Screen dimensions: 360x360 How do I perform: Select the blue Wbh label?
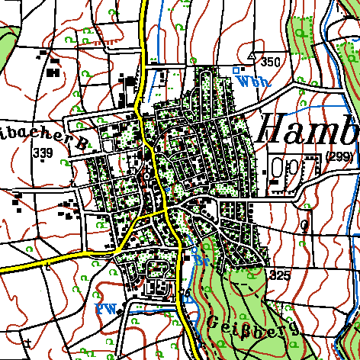[251, 81]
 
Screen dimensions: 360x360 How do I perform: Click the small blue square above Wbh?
[236, 70]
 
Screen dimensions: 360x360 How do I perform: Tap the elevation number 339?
[42, 153]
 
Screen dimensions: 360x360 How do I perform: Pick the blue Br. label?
[201, 261]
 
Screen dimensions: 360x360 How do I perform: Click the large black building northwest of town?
[53, 72]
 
